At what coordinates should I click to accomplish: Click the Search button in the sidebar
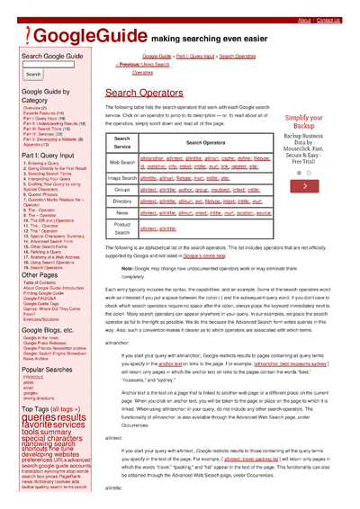tap(33, 75)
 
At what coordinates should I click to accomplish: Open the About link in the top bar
tap(304, 20)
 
